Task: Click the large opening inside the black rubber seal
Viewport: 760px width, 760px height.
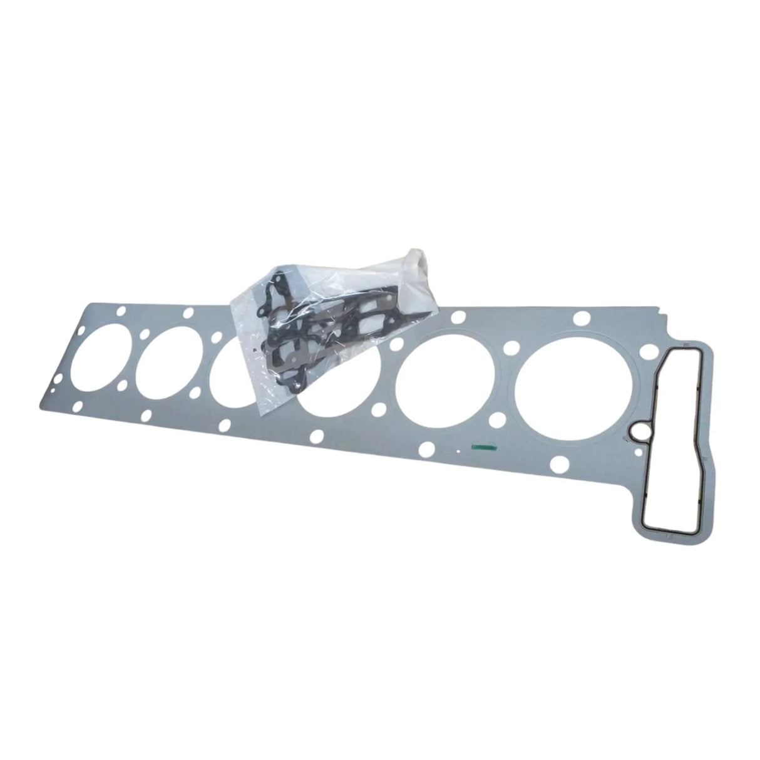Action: [x=673, y=426]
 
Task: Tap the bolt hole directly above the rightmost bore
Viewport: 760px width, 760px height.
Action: [x=581, y=317]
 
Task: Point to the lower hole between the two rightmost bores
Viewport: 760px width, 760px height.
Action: [x=507, y=418]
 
